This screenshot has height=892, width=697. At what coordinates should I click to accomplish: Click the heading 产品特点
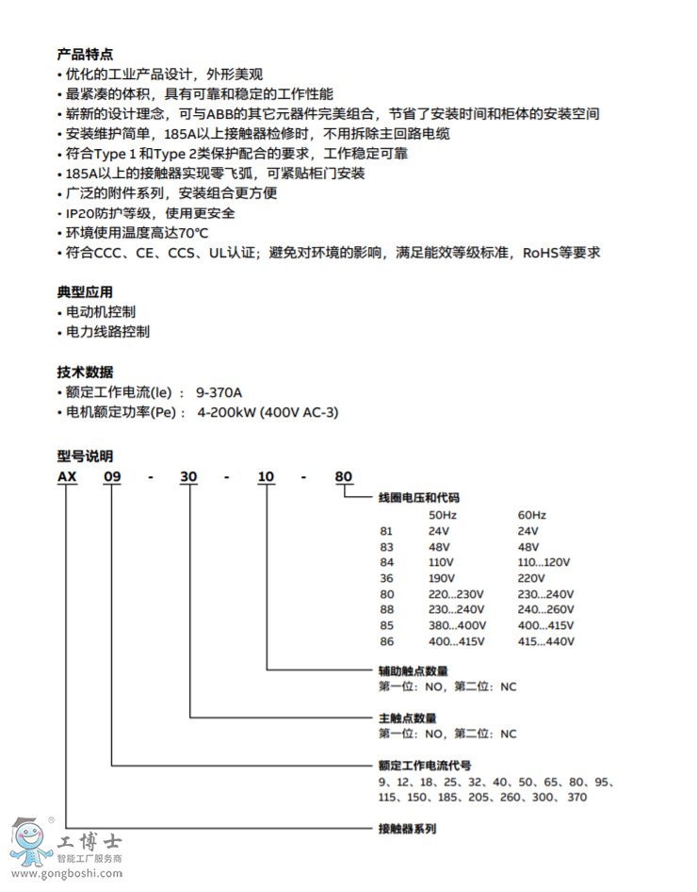(85, 55)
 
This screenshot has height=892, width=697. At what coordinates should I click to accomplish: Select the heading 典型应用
(85, 292)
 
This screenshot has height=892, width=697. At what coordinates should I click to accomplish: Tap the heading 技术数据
(85, 372)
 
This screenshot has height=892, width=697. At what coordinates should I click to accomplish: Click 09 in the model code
(112, 477)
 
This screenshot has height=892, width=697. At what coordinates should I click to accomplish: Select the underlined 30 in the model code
(189, 477)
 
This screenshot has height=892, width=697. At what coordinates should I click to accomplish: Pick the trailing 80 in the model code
(344, 477)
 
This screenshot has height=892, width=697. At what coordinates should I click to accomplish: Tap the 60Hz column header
(531, 515)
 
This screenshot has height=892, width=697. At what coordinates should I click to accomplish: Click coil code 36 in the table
(386, 578)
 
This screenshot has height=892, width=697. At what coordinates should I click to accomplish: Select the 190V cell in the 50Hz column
(443, 578)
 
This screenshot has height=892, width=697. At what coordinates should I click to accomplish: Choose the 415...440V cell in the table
(546, 642)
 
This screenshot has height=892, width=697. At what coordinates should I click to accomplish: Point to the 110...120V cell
(544, 562)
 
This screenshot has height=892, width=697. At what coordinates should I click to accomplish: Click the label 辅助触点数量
(413, 670)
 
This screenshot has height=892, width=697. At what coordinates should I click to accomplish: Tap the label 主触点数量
(407, 719)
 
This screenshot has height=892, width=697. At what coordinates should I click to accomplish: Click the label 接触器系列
(407, 830)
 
